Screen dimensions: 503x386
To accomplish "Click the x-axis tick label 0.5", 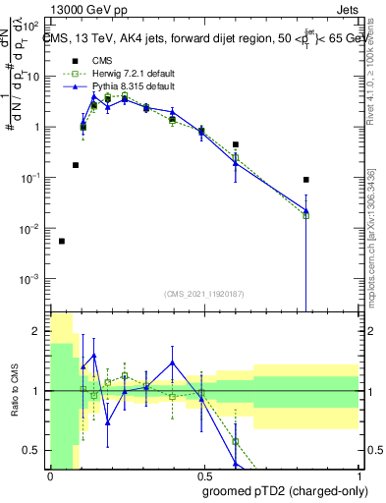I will coord(203,476).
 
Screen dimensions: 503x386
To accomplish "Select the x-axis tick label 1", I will coord(357,476).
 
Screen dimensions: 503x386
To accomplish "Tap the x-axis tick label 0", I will coord(50,476).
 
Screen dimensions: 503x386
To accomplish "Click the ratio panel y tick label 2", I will coord(37,331).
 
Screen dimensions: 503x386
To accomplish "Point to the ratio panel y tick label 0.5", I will coord(33,450).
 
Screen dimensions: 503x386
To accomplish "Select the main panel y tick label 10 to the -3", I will coord(33,279).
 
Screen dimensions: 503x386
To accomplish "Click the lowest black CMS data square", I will coord(62,241).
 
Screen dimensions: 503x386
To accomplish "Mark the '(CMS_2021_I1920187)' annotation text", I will coord(203,294).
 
